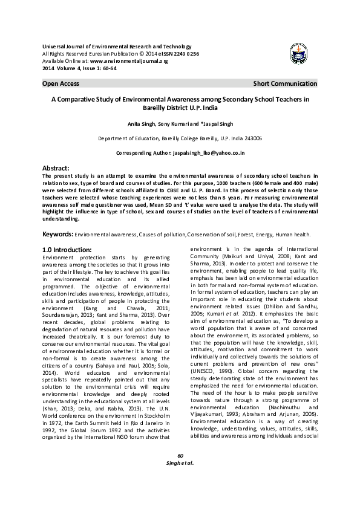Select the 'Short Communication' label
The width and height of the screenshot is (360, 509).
(285, 83)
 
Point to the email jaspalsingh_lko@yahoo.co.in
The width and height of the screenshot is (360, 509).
(208, 154)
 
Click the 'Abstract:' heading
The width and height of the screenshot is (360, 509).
(56, 167)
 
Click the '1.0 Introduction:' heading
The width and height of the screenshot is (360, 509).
(67, 249)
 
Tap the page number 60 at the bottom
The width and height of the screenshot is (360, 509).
(180, 473)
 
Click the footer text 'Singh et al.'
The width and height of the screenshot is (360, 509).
(180, 481)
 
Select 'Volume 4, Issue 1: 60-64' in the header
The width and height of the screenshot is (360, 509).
(85, 68)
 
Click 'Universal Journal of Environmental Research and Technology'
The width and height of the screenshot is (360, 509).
(116, 47)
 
